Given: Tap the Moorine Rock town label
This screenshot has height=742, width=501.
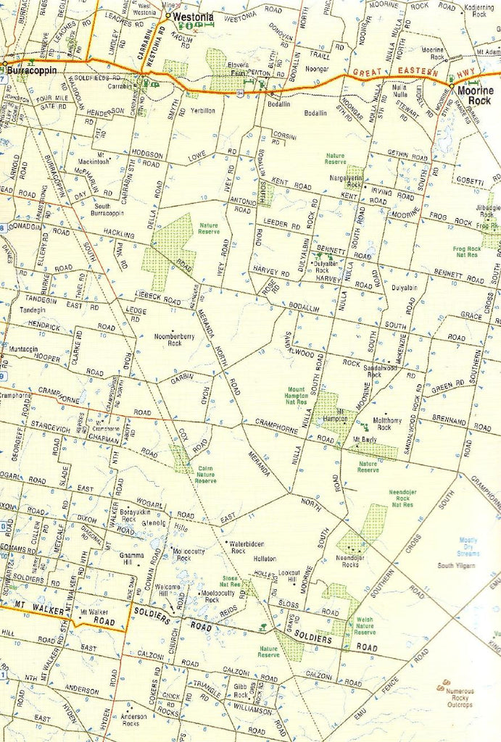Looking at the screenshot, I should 475,95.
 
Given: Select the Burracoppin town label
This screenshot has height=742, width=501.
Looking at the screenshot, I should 33,71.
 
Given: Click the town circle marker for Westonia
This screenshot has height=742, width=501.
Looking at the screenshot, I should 168,15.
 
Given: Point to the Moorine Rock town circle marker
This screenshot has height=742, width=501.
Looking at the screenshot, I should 451,87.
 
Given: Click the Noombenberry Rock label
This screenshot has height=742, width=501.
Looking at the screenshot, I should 173,339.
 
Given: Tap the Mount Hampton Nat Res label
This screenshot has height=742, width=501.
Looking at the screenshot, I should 297,396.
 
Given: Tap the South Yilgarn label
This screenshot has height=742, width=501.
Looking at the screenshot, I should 456,564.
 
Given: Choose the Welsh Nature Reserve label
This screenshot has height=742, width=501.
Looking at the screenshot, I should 365,626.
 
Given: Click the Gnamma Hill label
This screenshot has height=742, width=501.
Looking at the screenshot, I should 132,558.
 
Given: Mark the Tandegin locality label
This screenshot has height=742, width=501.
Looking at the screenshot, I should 33,309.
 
